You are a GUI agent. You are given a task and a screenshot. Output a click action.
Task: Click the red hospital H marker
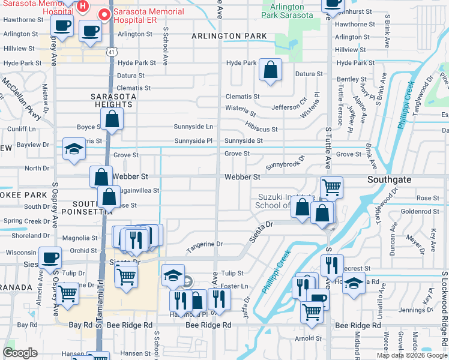(83, 7)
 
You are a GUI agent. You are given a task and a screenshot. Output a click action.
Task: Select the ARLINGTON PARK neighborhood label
(229, 37)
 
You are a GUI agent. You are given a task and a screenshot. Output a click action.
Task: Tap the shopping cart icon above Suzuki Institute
(331, 187)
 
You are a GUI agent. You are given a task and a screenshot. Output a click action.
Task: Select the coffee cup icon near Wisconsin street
(50, 257)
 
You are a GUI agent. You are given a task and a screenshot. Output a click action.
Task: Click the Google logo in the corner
(20, 353)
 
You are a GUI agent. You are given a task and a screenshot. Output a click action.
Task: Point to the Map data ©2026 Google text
(411, 355)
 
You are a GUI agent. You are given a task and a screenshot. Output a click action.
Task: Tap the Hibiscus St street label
(261, 129)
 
